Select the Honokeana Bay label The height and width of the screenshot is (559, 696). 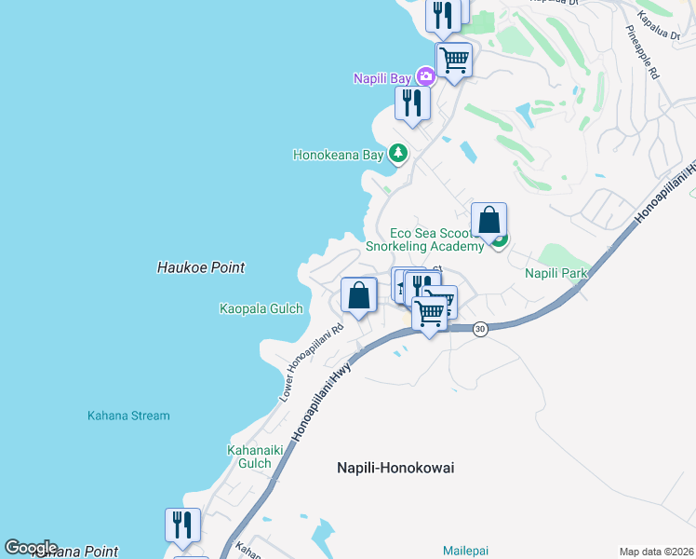point(339,156)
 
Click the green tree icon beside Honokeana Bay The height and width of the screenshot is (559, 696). point(398,153)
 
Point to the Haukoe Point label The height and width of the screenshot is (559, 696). point(201,267)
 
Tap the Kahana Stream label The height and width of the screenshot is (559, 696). point(128,416)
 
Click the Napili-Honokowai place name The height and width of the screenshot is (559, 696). point(395,468)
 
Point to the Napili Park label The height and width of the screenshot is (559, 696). point(556,274)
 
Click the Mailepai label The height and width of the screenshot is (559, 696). point(465,551)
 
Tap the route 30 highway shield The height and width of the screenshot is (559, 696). point(480,329)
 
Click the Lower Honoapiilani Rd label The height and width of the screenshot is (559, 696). point(311,363)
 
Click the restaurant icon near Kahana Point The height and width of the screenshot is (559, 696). point(182,525)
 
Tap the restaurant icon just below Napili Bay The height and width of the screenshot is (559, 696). point(412,102)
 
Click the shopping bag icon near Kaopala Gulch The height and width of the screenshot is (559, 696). point(359,295)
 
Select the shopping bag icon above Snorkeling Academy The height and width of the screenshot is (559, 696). point(489,220)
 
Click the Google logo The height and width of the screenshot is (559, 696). point(31,548)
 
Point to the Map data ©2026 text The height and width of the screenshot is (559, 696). point(655,552)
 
